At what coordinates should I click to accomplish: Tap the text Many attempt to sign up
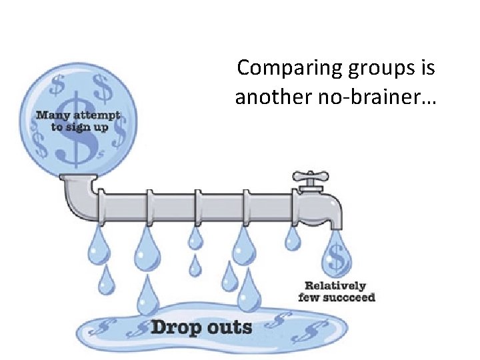pyautogui.click(x=77, y=121)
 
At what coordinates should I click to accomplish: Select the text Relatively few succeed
pyautogui.click(x=337, y=291)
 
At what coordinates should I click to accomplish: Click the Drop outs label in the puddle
pyautogui.click(x=201, y=327)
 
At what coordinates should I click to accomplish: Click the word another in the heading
pyautogui.click(x=265, y=98)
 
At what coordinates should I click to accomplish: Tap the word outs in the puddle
pyautogui.click(x=227, y=327)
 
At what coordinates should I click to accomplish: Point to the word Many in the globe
pyautogui.click(x=51, y=115)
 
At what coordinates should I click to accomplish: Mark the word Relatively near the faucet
pyautogui.click(x=336, y=285)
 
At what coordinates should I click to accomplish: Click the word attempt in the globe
pyautogui.click(x=96, y=115)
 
